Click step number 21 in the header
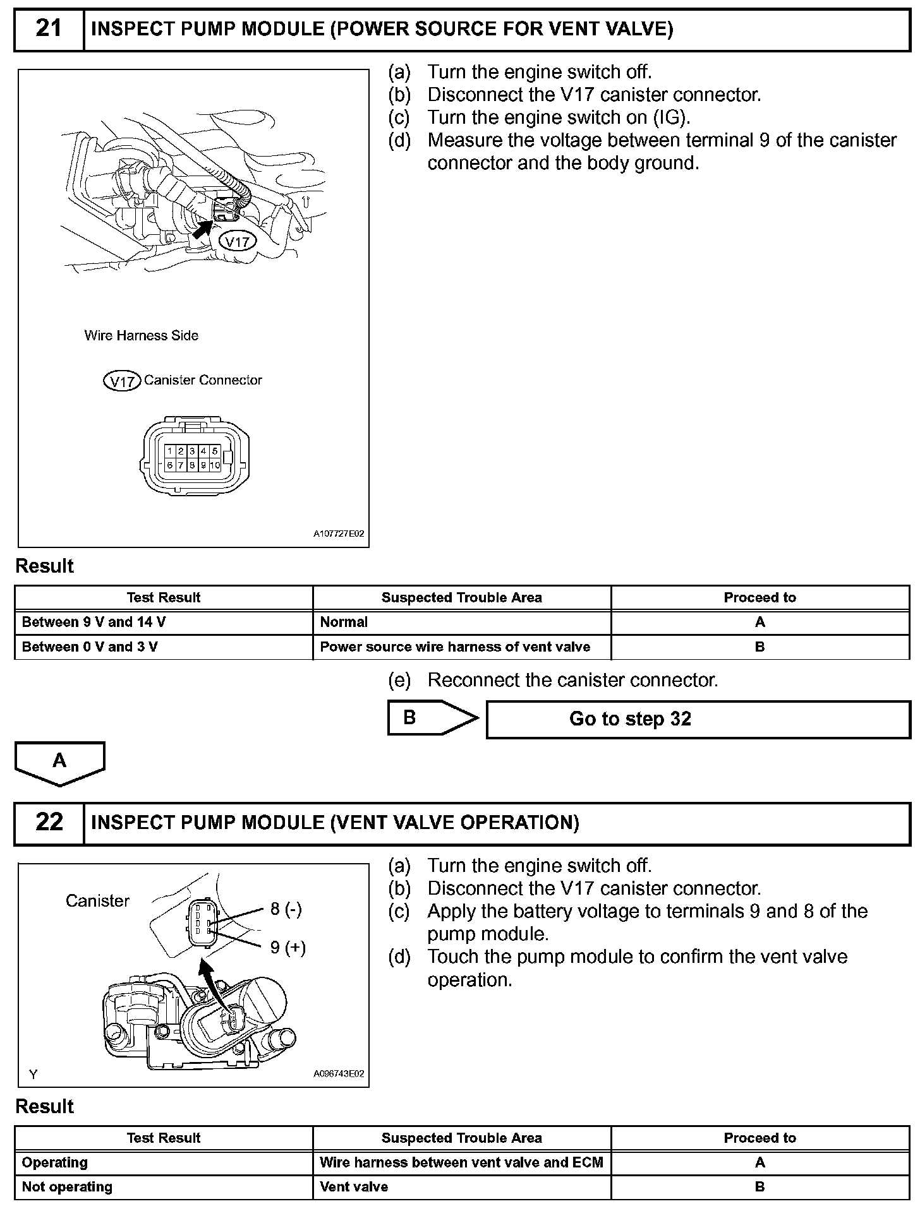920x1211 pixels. [x=49, y=29]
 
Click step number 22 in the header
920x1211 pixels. [x=49, y=822]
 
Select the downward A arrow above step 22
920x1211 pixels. [x=59, y=762]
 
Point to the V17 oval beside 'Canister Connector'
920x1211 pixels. [x=121, y=381]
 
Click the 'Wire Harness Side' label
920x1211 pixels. [x=142, y=336]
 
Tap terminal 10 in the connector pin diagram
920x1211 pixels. [x=215, y=465]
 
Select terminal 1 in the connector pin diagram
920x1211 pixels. [x=170, y=451]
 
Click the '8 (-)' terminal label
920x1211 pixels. [x=286, y=909]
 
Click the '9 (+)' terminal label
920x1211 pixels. [x=288, y=947]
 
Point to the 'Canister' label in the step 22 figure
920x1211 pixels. [x=97, y=901]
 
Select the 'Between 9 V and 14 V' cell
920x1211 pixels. [x=94, y=622]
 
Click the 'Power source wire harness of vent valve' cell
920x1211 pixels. [x=455, y=647]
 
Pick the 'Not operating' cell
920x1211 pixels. [x=67, y=1187]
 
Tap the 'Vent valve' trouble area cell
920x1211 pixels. [x=354, y=1187]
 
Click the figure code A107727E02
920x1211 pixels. [x=339, y=534]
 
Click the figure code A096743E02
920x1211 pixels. [x=339, y=1074]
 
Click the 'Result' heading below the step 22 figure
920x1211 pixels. [x=44, y=1107]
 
